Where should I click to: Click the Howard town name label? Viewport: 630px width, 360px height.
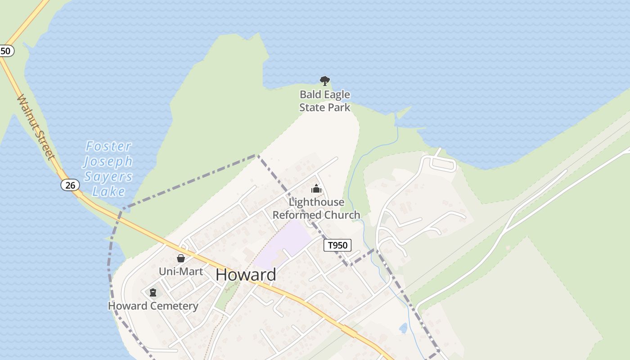click(246, 274)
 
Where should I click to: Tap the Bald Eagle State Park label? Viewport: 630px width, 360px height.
click(324, 101)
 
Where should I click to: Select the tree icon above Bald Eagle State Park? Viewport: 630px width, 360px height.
click(324, 81)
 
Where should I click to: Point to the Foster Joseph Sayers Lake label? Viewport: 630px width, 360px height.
click(108, 168)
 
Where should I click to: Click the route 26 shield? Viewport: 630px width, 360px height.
click(70, 185)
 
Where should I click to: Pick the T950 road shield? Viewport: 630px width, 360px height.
click(337, 245)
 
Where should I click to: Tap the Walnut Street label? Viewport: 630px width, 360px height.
click(36, 127)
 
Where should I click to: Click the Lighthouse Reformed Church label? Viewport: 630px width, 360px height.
click(316, 208)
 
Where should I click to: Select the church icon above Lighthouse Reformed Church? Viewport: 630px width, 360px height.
click(316, 189)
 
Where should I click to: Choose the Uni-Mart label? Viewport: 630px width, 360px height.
click(181, 271)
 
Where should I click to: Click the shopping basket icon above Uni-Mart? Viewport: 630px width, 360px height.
click(181, 258)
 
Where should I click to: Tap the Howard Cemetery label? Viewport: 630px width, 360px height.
click(153, 306)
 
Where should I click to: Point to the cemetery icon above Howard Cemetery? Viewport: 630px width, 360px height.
click(153, 292)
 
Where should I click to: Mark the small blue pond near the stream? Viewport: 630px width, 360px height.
click(403, 328)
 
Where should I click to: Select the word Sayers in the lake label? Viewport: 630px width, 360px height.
click(108, 176)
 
